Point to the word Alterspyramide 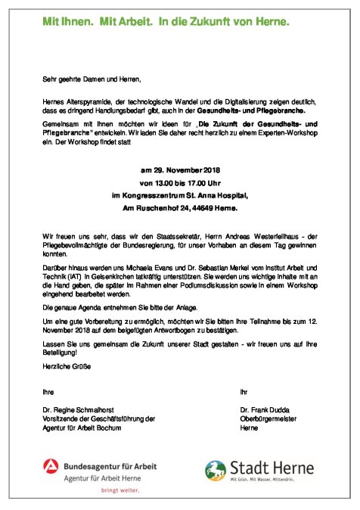95,100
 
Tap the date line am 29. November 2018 179,170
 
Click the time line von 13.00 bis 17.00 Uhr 179,182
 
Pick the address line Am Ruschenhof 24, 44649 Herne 179,207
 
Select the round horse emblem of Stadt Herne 219,471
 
